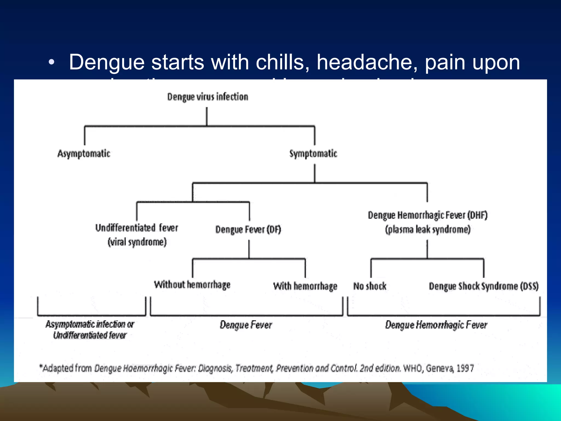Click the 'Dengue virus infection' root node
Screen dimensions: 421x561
point(208,97)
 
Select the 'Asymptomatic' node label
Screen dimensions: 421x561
point(84,153)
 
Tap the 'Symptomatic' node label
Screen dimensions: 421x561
point(313,153)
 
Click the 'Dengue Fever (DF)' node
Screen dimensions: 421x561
point(248,229)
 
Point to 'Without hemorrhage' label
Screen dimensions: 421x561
point(192,285)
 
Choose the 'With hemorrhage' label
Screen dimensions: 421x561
point(305,286)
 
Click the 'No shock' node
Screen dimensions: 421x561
point(370,286)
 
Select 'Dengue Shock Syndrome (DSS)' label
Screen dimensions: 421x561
point(483,286)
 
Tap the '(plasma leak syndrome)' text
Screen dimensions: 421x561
point(428,229)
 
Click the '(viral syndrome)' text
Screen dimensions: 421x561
point(137,242)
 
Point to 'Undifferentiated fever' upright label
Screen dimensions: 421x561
point(137,228)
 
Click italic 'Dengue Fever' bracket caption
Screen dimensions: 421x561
point(246,325)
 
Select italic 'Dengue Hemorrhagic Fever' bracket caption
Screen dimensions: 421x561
point(436,325)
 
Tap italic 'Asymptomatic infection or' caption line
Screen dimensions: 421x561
point(90,324)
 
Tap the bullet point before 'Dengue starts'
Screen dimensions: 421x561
point(51,62)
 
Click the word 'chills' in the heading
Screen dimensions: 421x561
point(282,62)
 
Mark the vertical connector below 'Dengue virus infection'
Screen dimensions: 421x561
point(207,116)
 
